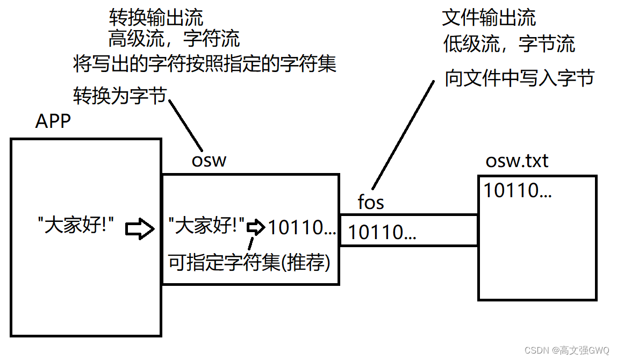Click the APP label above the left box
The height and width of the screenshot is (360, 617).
(x=53, y=121)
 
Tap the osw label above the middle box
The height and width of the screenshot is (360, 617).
(x=209, y=160)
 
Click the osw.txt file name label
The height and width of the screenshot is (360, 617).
(x=517, y=161)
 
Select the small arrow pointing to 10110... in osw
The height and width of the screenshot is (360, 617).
(x=256, y=227)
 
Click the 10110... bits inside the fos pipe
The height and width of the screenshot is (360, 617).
(x=383, y=232)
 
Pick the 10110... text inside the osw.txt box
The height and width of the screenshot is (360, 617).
(x=518, y=190)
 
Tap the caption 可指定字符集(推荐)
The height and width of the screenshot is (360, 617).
(x=249, y=263)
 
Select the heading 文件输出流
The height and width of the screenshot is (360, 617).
(x=489, y=18)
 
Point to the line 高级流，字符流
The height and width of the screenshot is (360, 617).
(x=174, y=39)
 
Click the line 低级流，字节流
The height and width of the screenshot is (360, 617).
(x=509, y=44)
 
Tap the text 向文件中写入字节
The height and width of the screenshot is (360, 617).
(x=519, y=78)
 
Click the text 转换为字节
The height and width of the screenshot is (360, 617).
(x=119, y=96)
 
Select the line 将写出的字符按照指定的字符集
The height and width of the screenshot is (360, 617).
(x=205, y=64)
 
